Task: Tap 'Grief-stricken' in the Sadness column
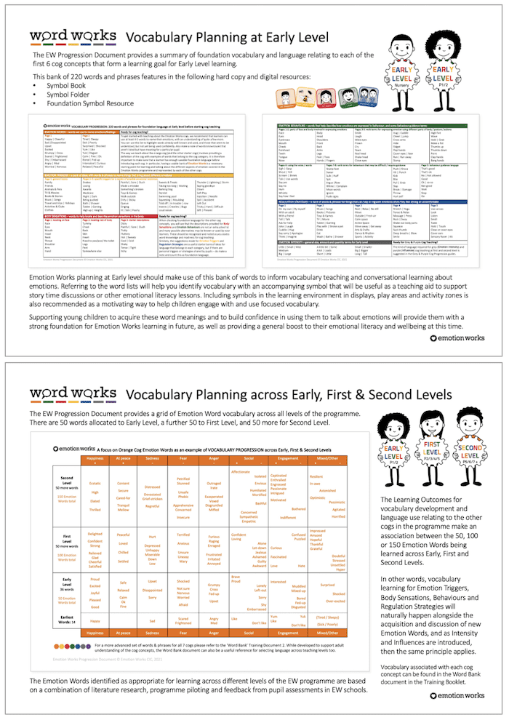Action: click(153, 500)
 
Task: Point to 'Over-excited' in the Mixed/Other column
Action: click(334, 601)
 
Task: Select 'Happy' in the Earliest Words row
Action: click(95, 621)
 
